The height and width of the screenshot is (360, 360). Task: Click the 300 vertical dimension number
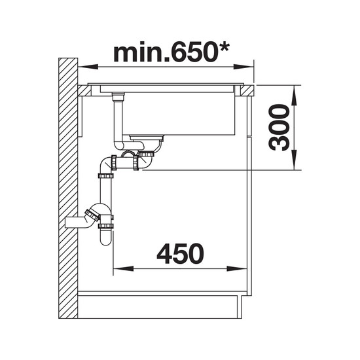point(279,128)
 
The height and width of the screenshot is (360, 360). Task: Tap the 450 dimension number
point(180,254)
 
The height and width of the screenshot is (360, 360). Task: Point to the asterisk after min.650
point(223,47)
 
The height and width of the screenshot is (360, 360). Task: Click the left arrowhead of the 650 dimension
point(88,67)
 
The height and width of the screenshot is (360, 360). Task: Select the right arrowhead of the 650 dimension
point(243,67)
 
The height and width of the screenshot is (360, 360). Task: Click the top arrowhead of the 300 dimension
point(294,96)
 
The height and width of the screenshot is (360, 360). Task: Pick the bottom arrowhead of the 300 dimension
point(294,160)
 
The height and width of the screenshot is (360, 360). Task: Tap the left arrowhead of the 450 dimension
point(123,268)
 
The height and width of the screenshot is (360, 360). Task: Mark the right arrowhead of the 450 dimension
point(237,268)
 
